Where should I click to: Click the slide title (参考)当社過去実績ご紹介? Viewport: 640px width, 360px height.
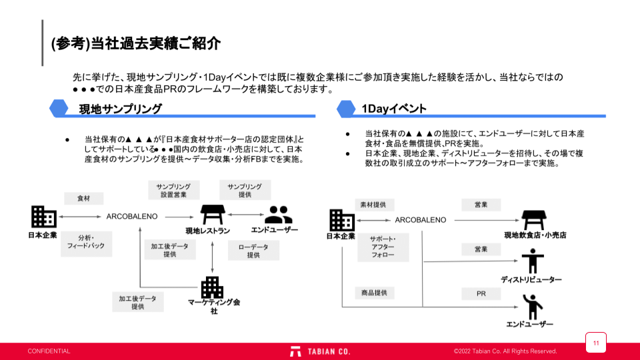135,43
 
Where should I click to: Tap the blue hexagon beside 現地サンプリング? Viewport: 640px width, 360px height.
59,108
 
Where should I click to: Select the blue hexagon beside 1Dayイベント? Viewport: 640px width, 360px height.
346,108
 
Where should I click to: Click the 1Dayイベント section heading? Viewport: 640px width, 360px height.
394,108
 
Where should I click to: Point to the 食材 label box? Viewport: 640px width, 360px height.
83,198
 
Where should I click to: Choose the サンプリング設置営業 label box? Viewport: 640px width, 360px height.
173,190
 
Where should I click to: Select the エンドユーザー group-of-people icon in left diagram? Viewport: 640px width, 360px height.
278,215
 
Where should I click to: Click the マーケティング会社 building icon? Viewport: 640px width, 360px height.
212,287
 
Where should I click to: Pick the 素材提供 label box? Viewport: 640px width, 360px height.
373,204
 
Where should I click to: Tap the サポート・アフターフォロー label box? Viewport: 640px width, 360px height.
383,247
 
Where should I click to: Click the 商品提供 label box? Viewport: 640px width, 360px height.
374,293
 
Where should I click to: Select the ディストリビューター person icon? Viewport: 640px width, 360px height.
532,261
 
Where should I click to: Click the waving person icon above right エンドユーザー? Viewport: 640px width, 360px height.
532,306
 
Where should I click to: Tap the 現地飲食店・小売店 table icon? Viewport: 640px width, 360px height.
533,219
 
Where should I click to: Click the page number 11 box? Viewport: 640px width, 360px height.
596,343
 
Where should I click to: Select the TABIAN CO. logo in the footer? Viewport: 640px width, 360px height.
320,351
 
